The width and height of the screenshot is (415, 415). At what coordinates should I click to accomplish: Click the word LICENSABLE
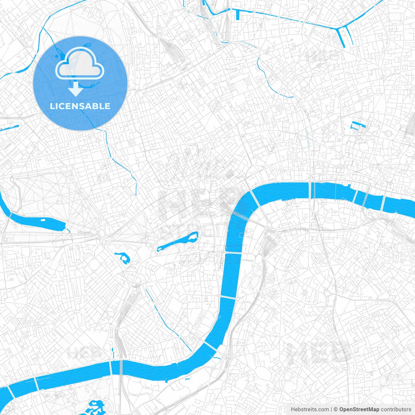point(80,106)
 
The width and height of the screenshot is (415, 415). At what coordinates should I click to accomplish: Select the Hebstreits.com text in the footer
point(310,409)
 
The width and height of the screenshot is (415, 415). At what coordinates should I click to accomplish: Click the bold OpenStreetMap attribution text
point(359,409)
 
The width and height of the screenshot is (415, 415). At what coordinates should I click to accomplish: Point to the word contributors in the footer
point(396,409)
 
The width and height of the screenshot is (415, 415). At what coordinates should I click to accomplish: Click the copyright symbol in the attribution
point(336,409)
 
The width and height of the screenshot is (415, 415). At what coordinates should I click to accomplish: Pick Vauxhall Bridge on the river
point(210,346)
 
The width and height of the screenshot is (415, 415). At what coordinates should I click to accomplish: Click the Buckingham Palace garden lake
point(123,257)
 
